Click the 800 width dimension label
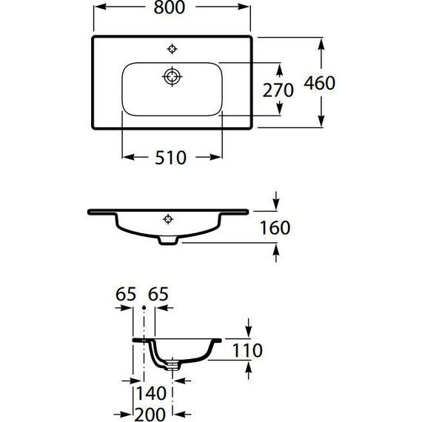[170, 7]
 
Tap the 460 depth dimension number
[319, 83]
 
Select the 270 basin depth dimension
[278, 90]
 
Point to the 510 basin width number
[170, 158]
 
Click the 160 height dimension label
[275, 228]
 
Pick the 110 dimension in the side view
[247, 350]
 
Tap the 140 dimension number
[151, 393]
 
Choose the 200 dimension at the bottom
[150, 415]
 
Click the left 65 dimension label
[126, 294]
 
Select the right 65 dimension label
[158, 294]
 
